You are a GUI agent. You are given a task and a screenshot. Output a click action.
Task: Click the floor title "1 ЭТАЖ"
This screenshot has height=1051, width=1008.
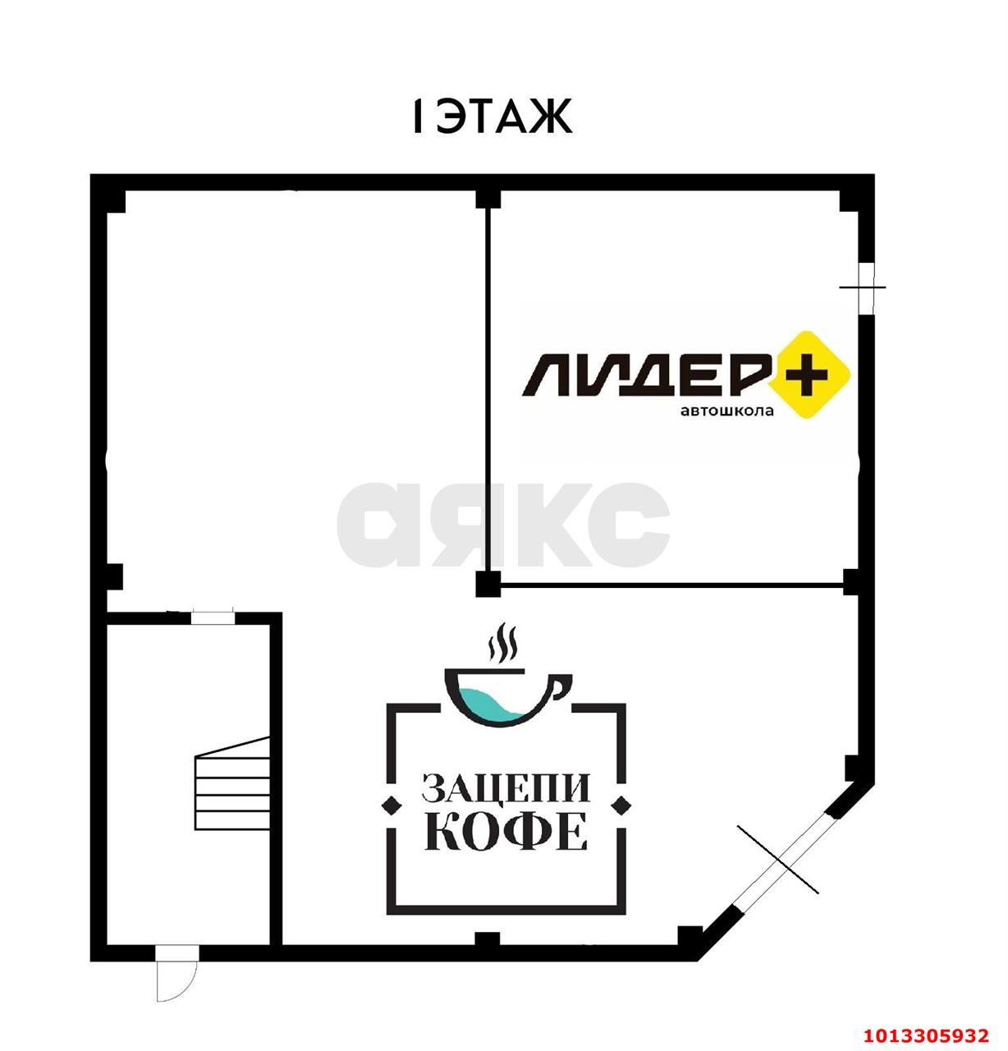[492, 116]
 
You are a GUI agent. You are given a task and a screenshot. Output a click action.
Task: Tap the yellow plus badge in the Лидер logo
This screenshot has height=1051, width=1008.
[809, 374]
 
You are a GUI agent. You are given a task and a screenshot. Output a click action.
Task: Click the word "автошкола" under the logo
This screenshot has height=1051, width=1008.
[727, 411]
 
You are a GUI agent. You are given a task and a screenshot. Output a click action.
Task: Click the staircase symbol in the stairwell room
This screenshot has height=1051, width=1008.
[232, 783]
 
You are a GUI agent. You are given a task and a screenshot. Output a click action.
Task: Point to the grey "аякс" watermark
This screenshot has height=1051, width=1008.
[503, 525]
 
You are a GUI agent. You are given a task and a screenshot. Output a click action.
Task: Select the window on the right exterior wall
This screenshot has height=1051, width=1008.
[866, 288]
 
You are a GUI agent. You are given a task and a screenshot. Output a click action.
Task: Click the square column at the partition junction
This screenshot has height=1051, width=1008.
[488, 584]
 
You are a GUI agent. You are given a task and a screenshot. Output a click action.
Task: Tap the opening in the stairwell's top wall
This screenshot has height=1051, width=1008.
[213, 617]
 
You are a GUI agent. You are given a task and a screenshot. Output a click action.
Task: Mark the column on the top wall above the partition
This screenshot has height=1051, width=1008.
[488, 198]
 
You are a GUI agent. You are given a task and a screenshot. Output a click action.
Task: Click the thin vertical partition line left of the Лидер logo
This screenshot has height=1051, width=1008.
[488, 390]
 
